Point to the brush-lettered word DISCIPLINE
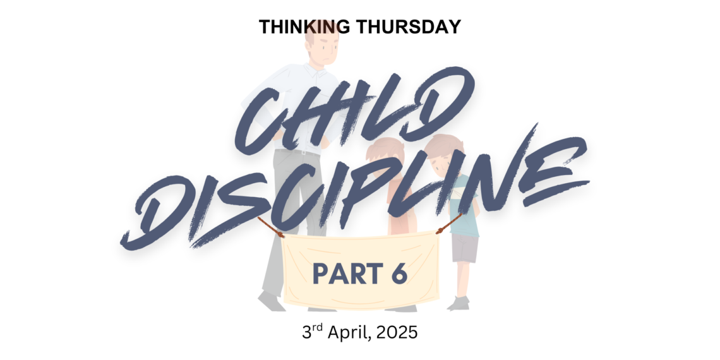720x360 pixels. pyautogui.click(x=354, y=189)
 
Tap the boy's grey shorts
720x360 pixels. pyautogui.click(x=465, y=248)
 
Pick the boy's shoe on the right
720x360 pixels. pyautogui.click(x=459, y=303)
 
